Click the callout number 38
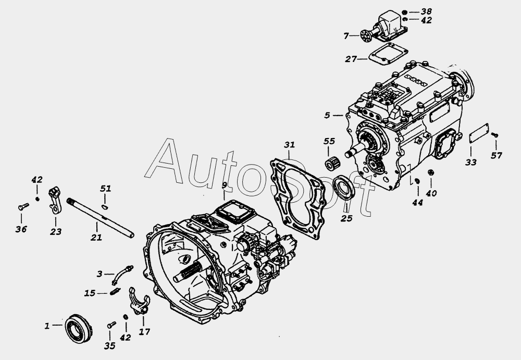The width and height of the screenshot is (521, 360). [426, 11]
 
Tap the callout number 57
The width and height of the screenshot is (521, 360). [497, 155]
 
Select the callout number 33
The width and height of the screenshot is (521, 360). [471, 162]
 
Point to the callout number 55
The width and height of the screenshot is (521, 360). [329, 141]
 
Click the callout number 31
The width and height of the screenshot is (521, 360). [289, 145]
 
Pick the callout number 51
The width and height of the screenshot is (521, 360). [105, 189]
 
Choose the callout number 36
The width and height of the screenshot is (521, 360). [21, 229]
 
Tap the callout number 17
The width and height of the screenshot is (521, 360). [144, 332]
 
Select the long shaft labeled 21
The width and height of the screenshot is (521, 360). [101, 218]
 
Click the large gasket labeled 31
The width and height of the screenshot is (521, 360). [297, 199]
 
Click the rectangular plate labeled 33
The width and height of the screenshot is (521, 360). [479, 133]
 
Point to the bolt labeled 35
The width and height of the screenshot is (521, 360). [111, 325]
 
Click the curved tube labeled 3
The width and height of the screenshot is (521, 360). [122, 275]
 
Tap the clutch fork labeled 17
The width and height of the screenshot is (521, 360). [140, 301]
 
